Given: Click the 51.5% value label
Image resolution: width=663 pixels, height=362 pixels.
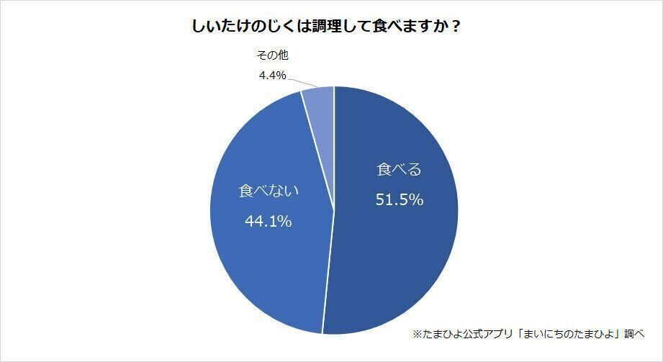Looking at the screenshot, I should tap(399, 199).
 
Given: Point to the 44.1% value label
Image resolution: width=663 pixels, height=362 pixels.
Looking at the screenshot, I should tap(268, 222).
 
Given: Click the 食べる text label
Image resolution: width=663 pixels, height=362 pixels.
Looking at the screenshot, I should tap(399, 171).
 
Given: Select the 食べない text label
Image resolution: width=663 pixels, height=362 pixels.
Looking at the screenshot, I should tap(268, 192).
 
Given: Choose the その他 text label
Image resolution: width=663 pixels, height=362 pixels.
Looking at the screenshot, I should tap(273, 55).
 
